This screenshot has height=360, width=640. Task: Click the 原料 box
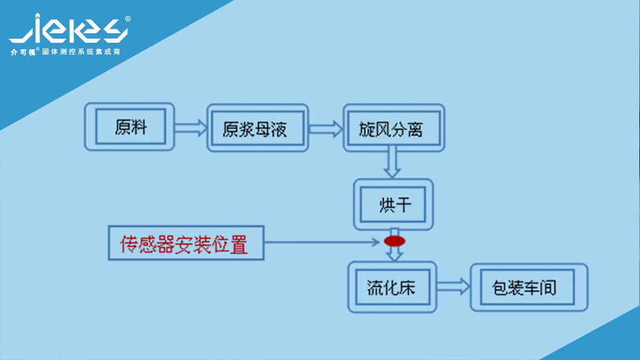coord(130,127)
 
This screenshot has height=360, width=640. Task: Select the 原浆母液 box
coord(257,128)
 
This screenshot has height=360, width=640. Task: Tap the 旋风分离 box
coord(393,127)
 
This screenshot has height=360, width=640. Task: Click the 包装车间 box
coord(529,287)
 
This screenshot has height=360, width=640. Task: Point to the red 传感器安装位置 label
coord(185,243)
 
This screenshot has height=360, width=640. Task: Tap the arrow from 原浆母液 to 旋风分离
coord(325,127)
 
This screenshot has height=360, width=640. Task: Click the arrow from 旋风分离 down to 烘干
coord(393,163)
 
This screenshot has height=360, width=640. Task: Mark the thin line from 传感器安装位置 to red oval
coord(320,241)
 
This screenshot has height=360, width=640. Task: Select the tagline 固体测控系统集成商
coord(81,51)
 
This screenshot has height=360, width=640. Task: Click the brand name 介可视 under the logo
coord(23,52)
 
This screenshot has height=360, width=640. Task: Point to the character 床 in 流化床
coord(407,287)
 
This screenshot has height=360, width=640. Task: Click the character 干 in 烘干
coord(404,205)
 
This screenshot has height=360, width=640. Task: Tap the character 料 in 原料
coord(139,127)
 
